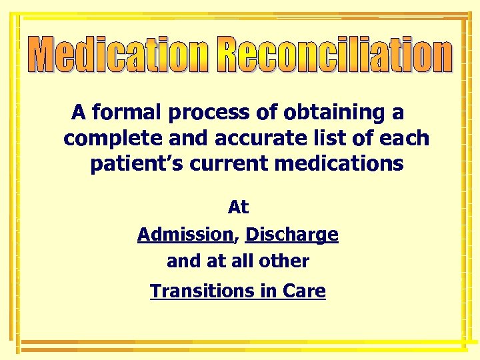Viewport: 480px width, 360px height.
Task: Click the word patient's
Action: click(135, 163)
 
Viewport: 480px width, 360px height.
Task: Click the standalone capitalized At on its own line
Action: click(238, 207)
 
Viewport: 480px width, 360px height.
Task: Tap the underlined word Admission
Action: click(184, 235)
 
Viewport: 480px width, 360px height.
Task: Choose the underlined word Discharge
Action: click(292, 235)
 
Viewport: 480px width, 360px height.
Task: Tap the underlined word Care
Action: click(304, 291)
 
